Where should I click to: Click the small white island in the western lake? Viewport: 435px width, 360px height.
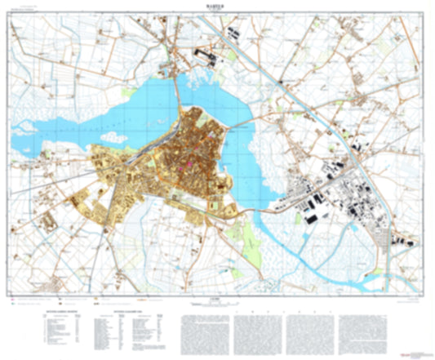[x=24, y=127]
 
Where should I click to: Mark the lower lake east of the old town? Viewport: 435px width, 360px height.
[x=245, y=171]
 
